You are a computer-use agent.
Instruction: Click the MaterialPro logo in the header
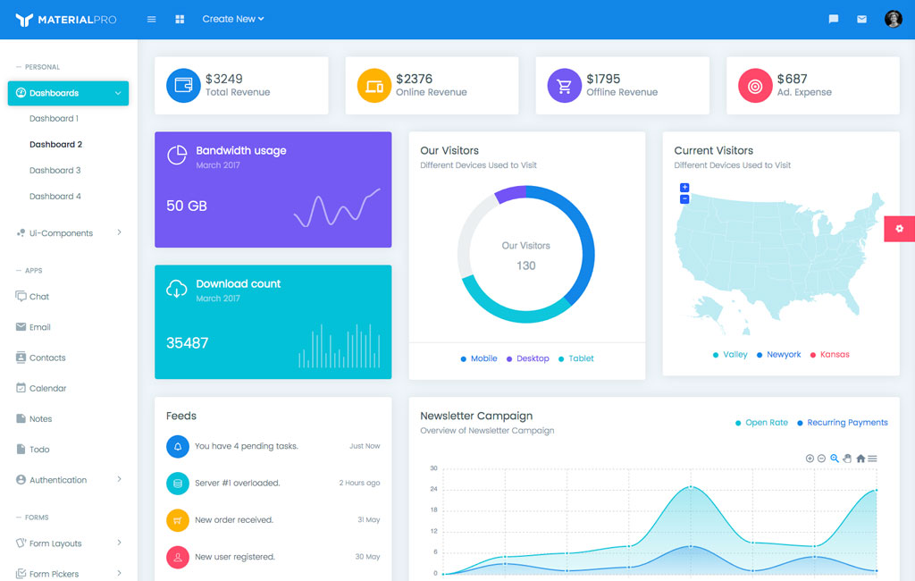pyautogui.click(x=66, y=19)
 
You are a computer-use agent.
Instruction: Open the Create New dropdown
pyautogui.click(x=232, y=19)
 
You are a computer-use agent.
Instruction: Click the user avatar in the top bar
pyautogui.click(x=893, y=19)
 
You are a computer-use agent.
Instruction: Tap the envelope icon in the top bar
pyautogui.click(x=861, y=19)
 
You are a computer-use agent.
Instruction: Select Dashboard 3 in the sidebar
pyautogui.click(x=55, y=170)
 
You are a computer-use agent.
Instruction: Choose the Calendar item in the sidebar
pyautogui.click(x=47, y=388)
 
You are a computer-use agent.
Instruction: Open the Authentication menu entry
pyautogui.click(x=58, y=480)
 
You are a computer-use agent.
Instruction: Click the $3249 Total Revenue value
pyautogui.click(x=224, y=79)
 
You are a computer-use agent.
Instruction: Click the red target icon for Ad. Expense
pyautogui.click(x=755, y=86)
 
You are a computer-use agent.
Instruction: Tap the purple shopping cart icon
pyautogui.click(x=564, y=86)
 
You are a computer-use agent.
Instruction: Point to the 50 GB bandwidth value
pyautogui.click(x=187, y=206)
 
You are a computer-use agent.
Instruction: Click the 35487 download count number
pyautogui.click(x=188, y=342)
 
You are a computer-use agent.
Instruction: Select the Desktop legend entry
pyautogui.click(x=533, y=358)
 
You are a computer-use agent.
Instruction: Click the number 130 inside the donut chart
pyautogui.click(x=525, y=265)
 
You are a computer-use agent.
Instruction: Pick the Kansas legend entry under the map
pyautogui.click(x=835, y=355)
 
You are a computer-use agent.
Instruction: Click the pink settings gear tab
pyautogui.click(x=899, y=229)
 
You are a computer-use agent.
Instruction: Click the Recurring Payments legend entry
pyautogui.click(x=847, y=423)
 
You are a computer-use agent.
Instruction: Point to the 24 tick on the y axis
pyautogui.click(x=433, y=489)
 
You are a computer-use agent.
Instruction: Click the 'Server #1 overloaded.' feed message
pyautogui.click(x=237, y=483)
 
